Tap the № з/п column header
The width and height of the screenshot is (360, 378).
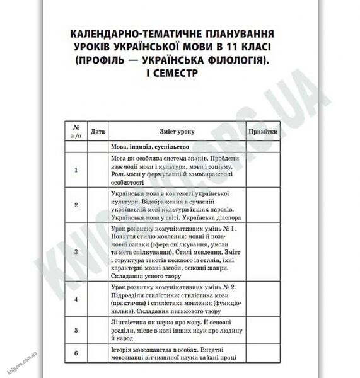coord(76,132)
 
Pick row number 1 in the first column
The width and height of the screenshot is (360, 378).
coord(76,169)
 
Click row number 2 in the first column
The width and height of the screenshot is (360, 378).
coord(76,205)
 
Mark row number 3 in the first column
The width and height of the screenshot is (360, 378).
coord(76,251)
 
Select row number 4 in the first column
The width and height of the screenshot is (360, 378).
coord(76,299)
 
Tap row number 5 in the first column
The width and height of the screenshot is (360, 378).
coord(76,329)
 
